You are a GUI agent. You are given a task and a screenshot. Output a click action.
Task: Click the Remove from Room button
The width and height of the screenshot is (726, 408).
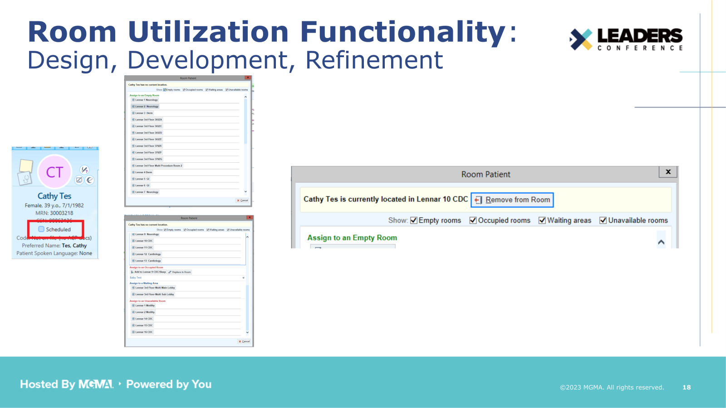[512, 200]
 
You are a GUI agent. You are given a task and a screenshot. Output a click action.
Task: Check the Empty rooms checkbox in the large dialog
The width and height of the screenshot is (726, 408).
[414, 220]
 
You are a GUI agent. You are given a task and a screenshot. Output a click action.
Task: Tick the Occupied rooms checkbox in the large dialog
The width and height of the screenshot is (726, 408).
[473, 220]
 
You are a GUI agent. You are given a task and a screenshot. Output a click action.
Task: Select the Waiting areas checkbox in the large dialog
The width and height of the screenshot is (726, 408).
[542, 220]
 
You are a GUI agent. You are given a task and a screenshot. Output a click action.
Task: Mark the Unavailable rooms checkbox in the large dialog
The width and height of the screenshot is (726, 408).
[603, 220]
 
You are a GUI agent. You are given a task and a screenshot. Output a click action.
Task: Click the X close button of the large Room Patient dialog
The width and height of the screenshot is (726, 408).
[668, 172]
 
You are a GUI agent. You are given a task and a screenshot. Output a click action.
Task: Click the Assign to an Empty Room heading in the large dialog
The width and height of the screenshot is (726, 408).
[352, 238]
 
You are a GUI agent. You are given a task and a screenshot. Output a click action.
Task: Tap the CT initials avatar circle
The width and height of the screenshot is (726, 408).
[54, 172]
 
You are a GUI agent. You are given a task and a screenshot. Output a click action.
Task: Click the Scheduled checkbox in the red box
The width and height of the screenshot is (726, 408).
[41, 229]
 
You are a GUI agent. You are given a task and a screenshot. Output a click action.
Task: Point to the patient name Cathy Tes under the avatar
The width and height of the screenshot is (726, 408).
[54, 196]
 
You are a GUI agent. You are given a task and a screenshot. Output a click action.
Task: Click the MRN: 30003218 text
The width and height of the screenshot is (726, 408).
[54, 213]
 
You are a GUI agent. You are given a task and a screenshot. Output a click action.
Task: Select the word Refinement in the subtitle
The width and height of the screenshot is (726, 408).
[374, 60]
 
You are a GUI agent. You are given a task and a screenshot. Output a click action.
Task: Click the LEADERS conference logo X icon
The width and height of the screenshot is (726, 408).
[581, 39]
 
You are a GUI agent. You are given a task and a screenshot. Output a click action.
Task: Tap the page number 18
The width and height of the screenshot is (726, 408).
[687, 387]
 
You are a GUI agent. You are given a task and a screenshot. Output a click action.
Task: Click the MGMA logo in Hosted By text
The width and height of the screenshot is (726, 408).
[96, 384]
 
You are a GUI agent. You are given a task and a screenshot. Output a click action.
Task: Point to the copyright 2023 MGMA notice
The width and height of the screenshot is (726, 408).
[611, 387]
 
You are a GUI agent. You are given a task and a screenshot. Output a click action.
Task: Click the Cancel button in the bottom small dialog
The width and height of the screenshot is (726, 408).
[244, 341]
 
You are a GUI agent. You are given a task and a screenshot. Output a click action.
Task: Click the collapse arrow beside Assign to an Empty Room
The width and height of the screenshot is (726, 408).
[661, 242]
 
